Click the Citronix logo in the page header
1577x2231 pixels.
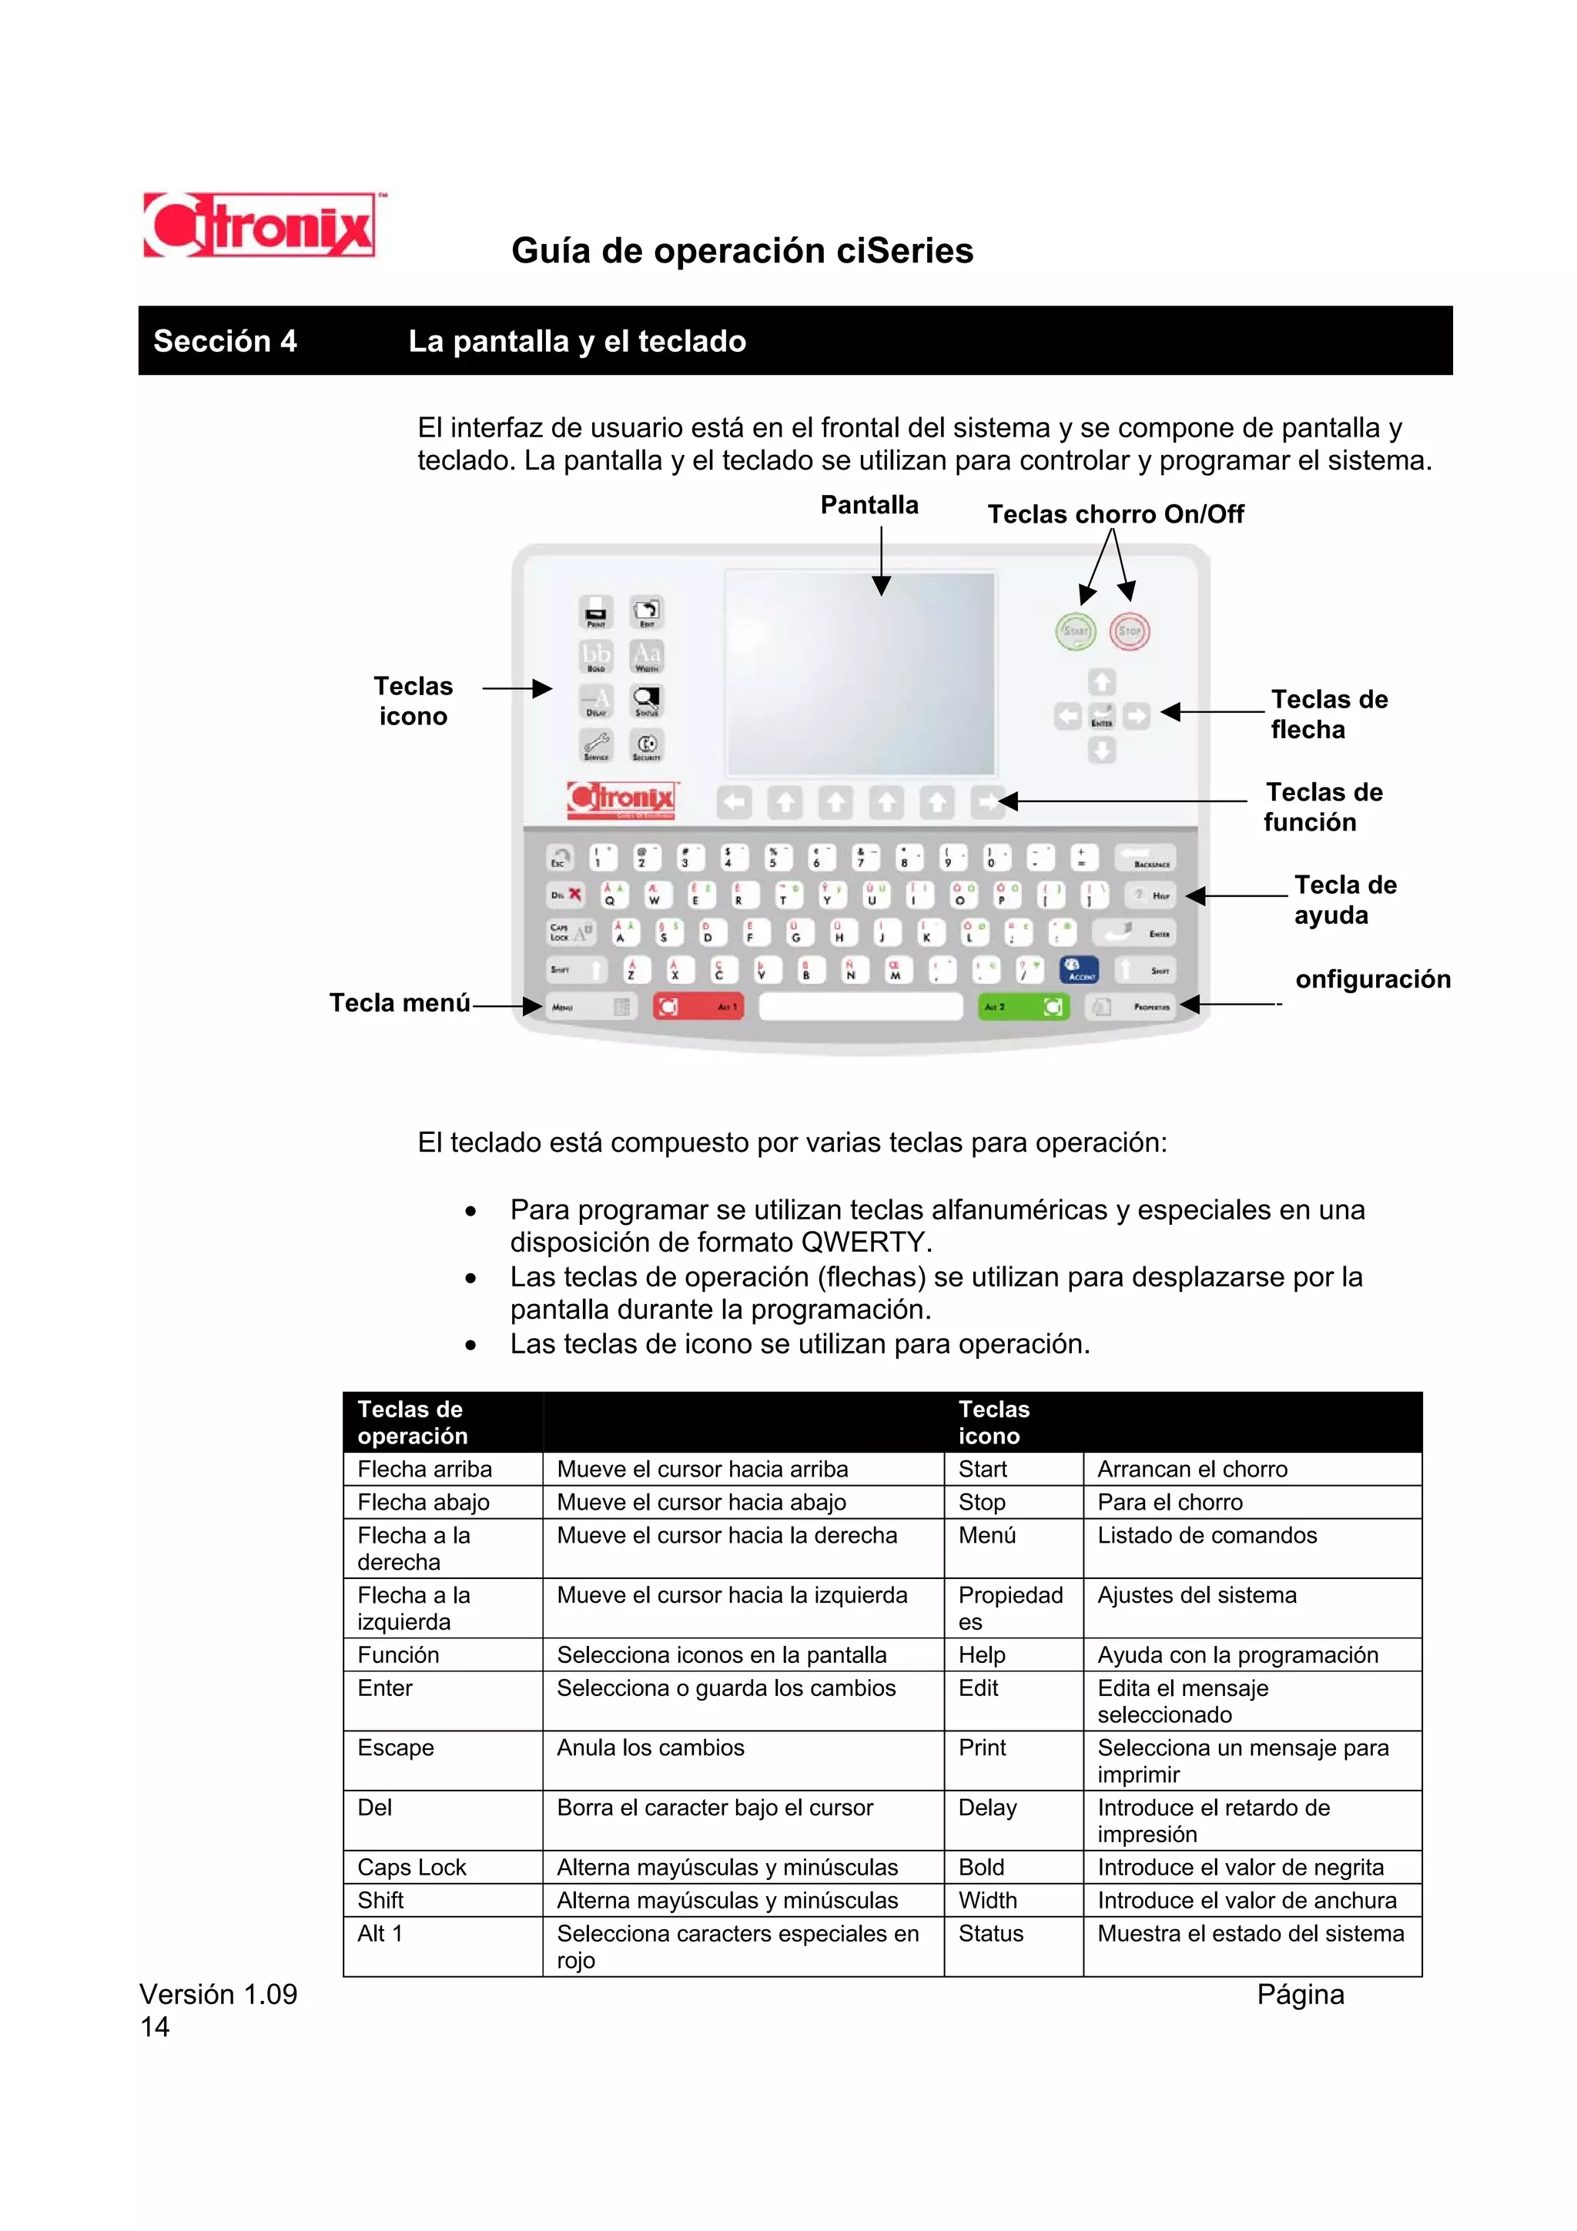(259, 226)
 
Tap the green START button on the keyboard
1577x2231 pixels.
(1075, 630)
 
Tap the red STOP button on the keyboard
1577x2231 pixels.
(1129, 630)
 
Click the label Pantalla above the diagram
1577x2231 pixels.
(869, 505)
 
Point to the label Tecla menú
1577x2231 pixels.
(400, 1003)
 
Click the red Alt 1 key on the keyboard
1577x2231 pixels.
(698, 1007)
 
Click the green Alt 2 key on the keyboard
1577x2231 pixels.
(1023, 1007)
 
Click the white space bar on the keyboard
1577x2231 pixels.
(860, 1007)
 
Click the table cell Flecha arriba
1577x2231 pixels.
(424, 1469)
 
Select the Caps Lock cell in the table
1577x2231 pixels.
(412, 1867)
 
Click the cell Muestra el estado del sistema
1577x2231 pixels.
(1250, 1933)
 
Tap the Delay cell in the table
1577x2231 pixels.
(987, 1808)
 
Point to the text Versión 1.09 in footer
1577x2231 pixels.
(219, 1994)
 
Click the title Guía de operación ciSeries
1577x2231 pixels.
(742, 251)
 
